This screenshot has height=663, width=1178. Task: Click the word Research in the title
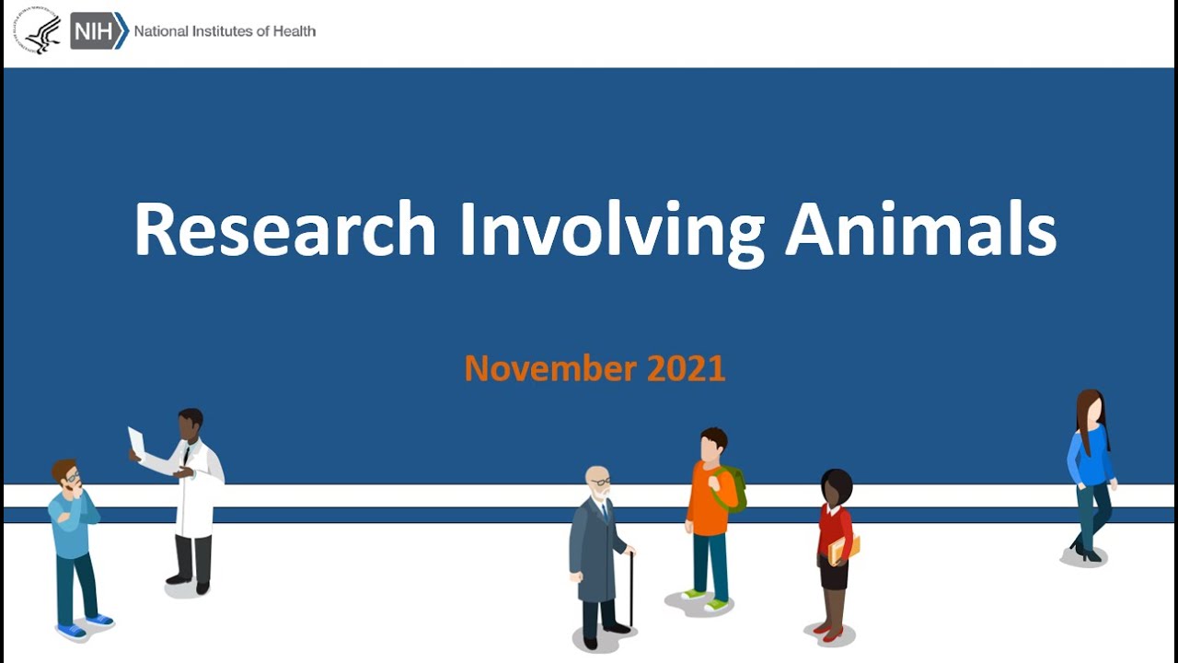[x=284, y=229]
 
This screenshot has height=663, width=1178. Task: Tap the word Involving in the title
[x=611, y=229]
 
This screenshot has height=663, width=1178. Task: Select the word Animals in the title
[x=919, y=229]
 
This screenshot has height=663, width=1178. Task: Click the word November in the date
[x=550, y=368]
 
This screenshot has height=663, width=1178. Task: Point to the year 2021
[x=687, y=368]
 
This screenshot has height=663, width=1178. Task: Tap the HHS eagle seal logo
[x=37, y=31]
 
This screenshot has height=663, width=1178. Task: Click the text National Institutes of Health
[x=225, y=31]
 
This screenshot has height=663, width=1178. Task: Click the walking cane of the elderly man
[x=631, y=589]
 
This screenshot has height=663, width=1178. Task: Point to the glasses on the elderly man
[x=600, y=482]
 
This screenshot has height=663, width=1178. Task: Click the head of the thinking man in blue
[x=66, y=475]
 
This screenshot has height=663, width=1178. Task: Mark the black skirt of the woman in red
[x=834, y=575]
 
